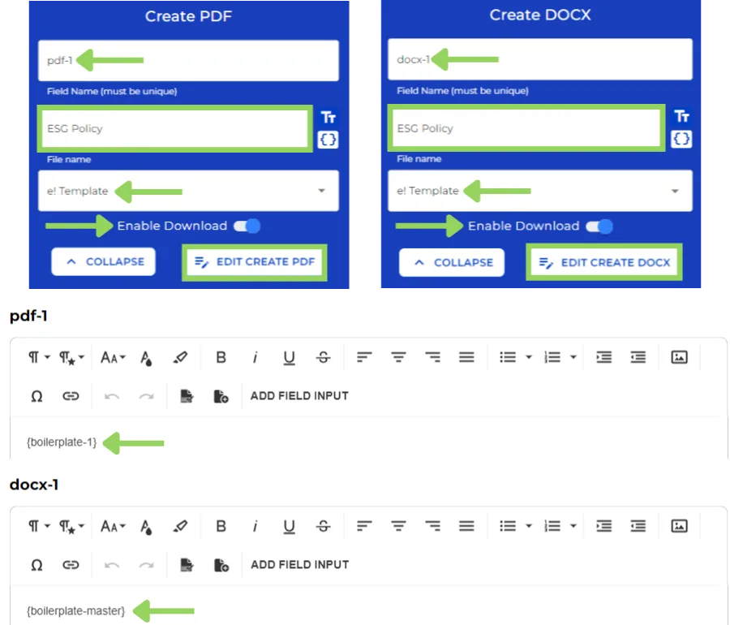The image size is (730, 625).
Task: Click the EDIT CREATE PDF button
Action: [255, 262]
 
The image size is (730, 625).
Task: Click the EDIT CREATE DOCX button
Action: [604, 263]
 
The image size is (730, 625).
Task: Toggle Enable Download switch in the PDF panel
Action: [247, 226]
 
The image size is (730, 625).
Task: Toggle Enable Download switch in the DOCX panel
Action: [599, 226]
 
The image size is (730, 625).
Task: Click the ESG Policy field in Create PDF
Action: [174, 128]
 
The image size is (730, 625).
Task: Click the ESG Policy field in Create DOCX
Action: [525, 128]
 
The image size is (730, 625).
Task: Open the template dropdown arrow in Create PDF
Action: [322, 191]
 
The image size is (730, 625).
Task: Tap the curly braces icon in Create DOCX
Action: [682, 140]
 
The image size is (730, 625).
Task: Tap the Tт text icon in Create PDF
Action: [328, 118]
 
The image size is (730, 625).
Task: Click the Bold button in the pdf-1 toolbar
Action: [221, 357]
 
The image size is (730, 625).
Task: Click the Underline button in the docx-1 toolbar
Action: [289, 526]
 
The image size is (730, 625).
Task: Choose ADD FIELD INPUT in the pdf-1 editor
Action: [299, 396]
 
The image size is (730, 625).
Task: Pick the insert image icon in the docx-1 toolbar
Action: [680, 526]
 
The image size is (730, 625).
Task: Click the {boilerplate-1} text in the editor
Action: [62, 442]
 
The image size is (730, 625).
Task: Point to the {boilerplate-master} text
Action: [76, 610]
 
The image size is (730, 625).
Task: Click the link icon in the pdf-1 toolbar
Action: [71, 396]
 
